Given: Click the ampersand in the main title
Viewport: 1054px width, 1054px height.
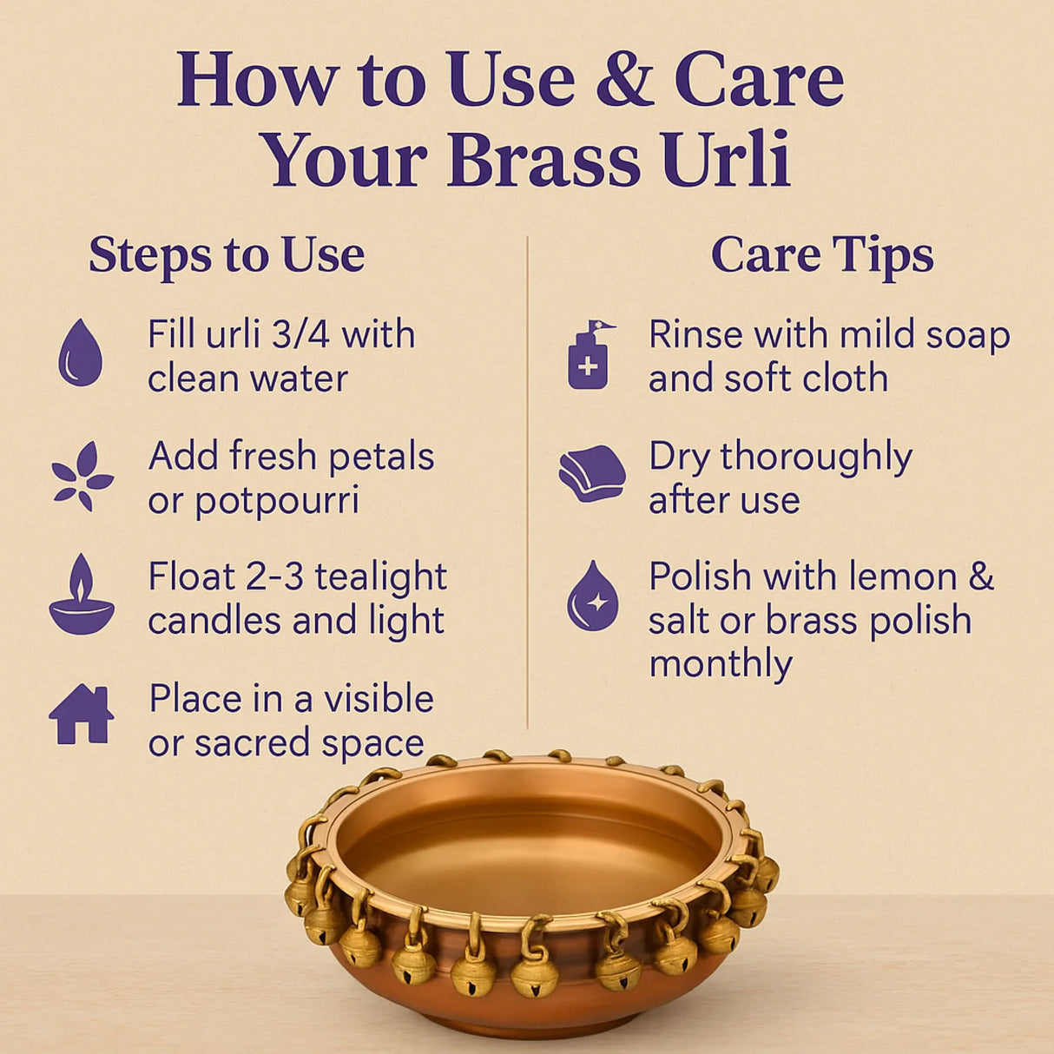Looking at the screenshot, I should [x=625, y=80].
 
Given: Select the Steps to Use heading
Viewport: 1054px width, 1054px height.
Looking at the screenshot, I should [x=227, y=255].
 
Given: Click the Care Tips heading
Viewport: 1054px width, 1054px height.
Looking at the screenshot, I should [x=821, y=255].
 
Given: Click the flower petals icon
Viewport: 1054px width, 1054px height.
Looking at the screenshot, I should [x=82, y=477].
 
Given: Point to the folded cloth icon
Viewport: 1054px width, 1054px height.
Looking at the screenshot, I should [x=592, y=474].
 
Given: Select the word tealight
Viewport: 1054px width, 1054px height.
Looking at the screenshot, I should [x=380, y=577].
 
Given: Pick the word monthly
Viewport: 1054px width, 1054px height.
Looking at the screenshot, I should [x=720, y=665].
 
